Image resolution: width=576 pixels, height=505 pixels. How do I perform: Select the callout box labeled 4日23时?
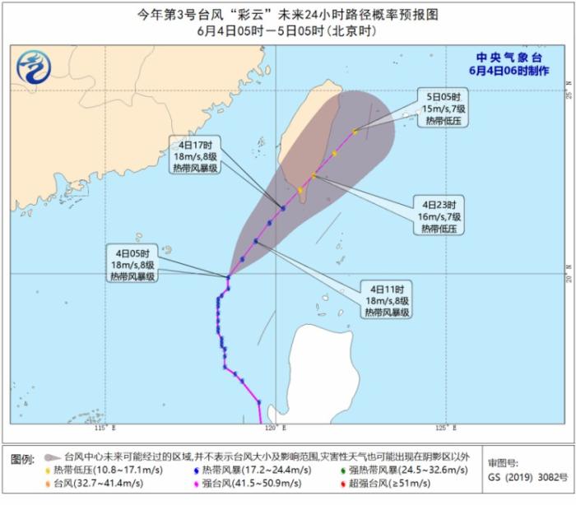[439, 215]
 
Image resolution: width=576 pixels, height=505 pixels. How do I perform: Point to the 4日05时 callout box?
[132, 264]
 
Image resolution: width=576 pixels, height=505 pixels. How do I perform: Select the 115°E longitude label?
[104, 429]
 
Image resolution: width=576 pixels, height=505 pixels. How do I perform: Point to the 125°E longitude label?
[443, 429]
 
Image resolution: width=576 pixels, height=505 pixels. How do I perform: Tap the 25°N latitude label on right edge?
[568, 95]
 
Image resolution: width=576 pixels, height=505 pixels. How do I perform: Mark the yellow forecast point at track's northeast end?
[355, 131]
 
